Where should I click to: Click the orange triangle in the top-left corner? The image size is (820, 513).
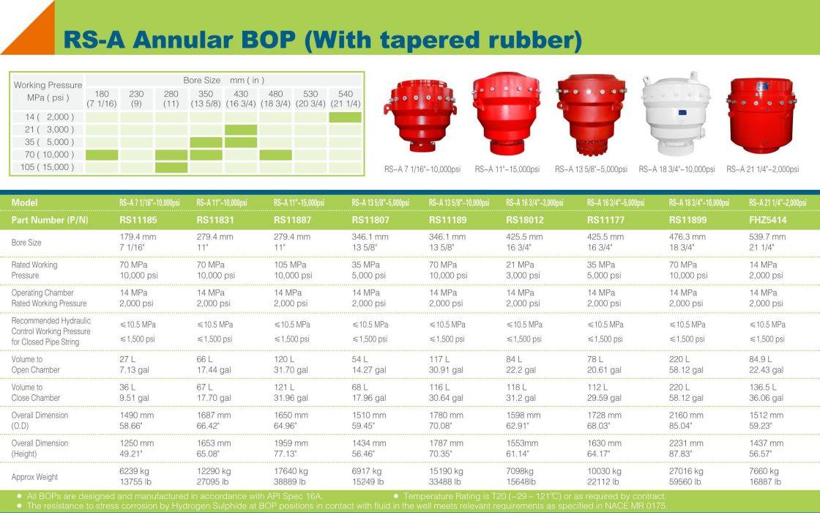click(37, 37)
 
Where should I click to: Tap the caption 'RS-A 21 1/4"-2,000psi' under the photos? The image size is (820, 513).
click(762, 169)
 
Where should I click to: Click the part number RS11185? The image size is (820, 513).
click(138, 220)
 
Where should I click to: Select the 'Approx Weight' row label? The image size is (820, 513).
click(34, 477)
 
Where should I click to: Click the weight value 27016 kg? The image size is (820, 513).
click(687, 471)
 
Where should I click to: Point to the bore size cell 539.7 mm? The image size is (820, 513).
click(767, 237)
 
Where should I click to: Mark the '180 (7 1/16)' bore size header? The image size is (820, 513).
click(102, 98)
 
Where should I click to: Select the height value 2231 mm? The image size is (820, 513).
click(686, 443)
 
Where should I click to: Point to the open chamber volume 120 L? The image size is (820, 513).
click(284, 359)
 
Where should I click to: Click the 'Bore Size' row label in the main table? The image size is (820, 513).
click(26, 243)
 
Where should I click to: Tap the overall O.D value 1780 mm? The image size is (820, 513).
click(446, 415)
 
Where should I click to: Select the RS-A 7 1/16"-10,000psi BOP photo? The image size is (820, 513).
click(421, 115)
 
